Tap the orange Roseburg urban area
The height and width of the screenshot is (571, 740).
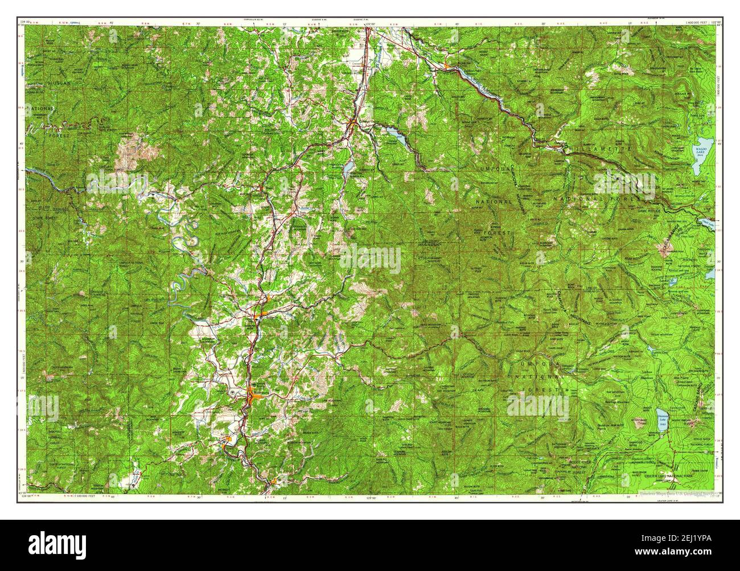pos(254,394)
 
